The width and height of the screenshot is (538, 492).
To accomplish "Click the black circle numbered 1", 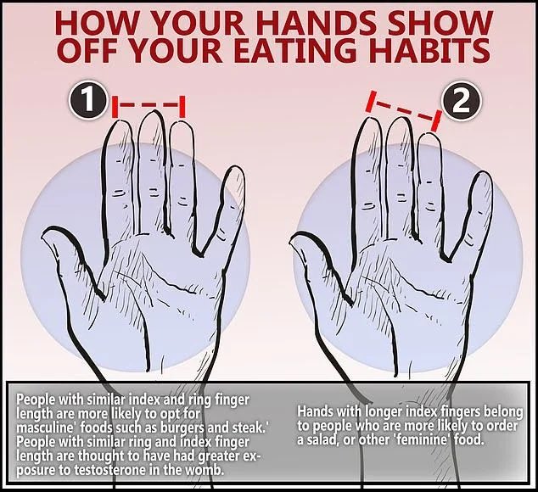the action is tap(88, 100).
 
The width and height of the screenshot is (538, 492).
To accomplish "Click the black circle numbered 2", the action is tap(461, 101).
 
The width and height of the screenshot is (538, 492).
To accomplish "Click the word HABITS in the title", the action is tap(431, 50).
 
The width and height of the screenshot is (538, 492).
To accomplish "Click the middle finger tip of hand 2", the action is tap(400, 120).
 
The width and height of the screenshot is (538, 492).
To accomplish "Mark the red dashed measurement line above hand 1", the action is tap(149, 106).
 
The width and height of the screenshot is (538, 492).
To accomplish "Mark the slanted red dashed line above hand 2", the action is tap(404, 110).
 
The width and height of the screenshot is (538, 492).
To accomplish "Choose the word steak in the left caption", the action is tap(248, 428).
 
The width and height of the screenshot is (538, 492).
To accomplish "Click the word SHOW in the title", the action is tap(440, 23).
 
